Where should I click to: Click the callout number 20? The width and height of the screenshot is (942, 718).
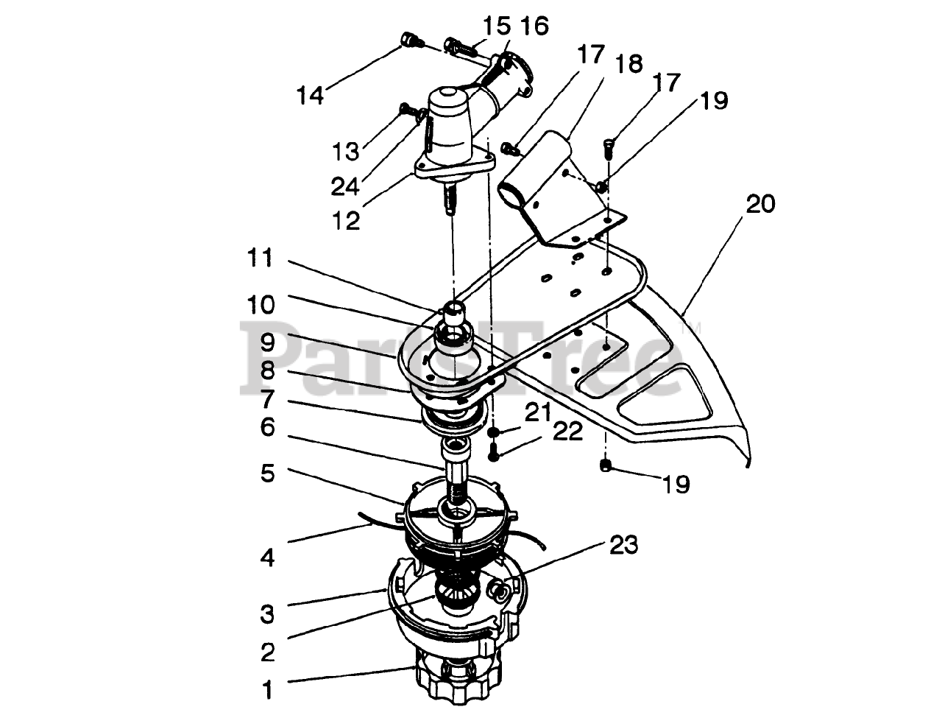(x=760, y=203)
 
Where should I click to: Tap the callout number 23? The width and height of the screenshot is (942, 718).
(x=623, y=545)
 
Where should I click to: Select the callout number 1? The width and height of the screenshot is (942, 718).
(x=268, y=690)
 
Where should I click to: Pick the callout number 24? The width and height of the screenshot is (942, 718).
(x=344, y=187)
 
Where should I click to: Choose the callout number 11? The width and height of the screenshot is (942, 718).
(x=260, y=258)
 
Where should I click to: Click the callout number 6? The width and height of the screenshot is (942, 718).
(x=267, y=427)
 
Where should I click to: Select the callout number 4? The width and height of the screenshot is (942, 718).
(x=267, y=557)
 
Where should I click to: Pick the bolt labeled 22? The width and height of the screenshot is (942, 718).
(x=495, y=452)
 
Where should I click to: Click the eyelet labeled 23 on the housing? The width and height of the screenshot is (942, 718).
(x=498, y=589)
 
